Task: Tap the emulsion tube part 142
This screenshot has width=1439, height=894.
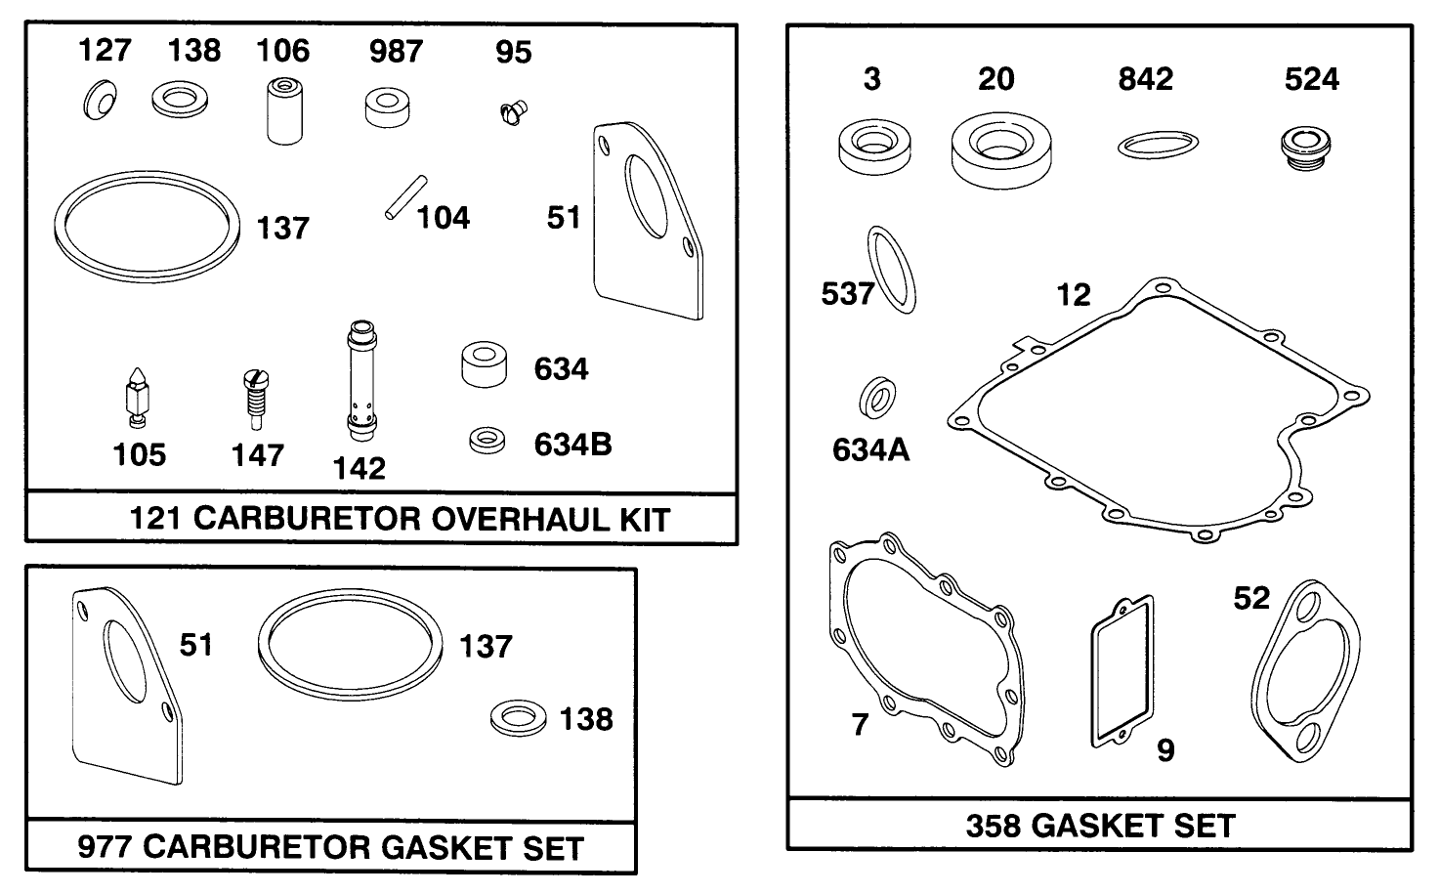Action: (360, 381)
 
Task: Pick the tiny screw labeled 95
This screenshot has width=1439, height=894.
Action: (509, 113)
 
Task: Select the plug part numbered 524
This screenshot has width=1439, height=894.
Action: (1298, 149)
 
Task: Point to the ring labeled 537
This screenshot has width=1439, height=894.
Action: (891, 270)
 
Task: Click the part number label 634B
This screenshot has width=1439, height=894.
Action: (572, 445)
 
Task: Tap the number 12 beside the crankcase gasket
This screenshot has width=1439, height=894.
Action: (1074, 294)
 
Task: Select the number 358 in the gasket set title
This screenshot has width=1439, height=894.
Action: (995, 826)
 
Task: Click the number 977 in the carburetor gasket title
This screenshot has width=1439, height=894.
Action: (106, 847)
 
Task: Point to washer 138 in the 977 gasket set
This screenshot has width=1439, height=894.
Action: (516, 718)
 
